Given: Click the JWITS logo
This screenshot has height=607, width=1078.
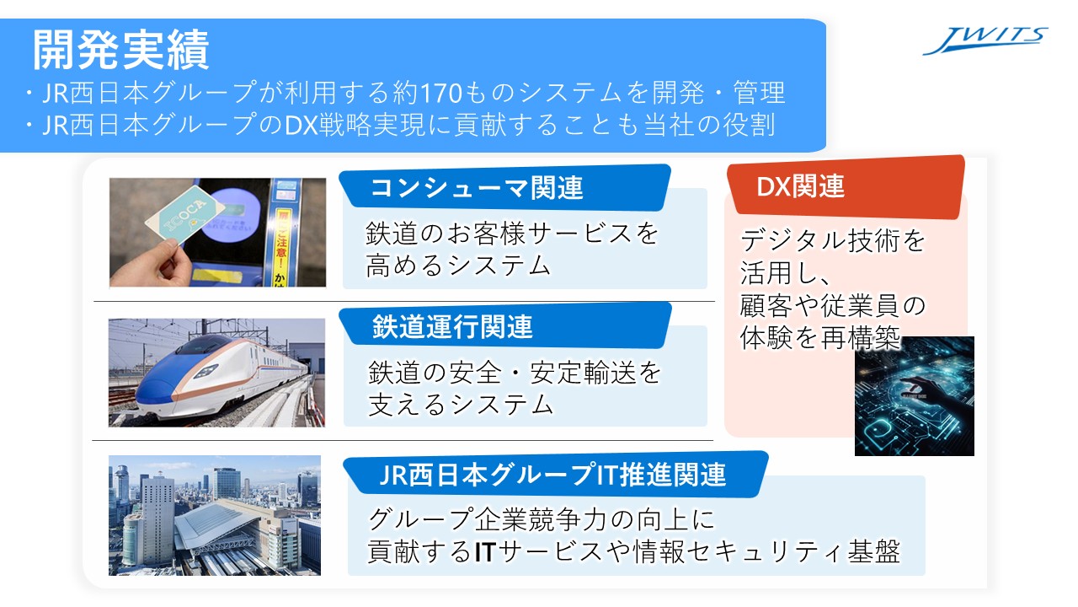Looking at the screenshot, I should pos(985,40).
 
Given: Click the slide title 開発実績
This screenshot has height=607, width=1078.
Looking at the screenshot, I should pos(120,51).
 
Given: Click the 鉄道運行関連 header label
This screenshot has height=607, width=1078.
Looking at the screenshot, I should pos(453,325).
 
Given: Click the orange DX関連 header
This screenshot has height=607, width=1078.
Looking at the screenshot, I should pos(800,186).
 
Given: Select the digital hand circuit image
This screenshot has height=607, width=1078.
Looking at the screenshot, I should pos(914,396).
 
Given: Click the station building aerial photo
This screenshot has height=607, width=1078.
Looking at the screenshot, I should pos(215,515).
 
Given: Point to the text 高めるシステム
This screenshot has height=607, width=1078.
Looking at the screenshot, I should pos(458,266).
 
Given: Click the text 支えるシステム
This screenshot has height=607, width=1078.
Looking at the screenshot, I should pos(460,405).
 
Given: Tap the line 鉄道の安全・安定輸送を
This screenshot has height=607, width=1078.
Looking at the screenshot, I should pos(515,373).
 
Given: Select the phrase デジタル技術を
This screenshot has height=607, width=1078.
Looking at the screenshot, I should pos(833,241).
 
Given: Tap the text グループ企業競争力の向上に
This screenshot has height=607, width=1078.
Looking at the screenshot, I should pos(542,518).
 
